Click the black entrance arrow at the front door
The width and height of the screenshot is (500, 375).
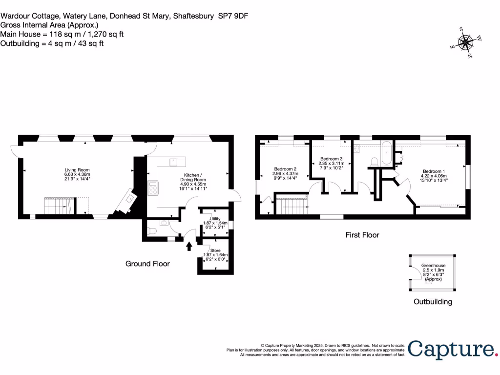click(x=189, y=245)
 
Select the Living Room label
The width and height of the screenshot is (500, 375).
click(x=78, y=169)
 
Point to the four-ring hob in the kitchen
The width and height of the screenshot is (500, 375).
click(x=153, y=187)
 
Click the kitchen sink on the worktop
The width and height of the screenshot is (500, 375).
click(x=173, y=162)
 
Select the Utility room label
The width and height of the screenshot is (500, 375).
click(x=215, y=218)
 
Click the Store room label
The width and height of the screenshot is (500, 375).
click(x=215, y=250)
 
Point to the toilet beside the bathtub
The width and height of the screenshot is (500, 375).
click(x=375, y=161)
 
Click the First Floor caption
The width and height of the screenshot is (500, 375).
click(x=362, y=235)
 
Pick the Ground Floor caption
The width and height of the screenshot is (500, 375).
click(x=147, y=264)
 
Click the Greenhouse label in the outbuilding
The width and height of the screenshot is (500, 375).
click(x=433, y=265)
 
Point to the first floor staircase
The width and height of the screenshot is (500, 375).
click(x=292, y=205)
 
